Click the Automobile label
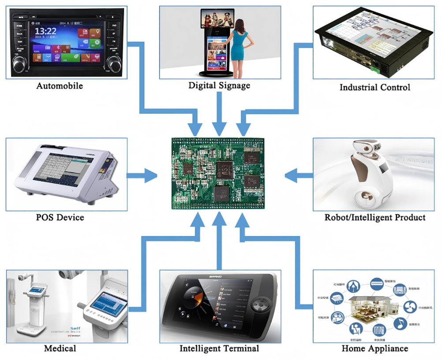[x=60, y=85]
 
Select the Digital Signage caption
[x=219, y=85]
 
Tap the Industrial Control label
[x=375, y=87]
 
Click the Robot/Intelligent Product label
[x=375, y=217]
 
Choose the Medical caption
[x=60, y=348]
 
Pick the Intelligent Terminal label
[x=219, y=348]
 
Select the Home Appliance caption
[x=375, y=348]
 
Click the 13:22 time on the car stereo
[x=45, y=31]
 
